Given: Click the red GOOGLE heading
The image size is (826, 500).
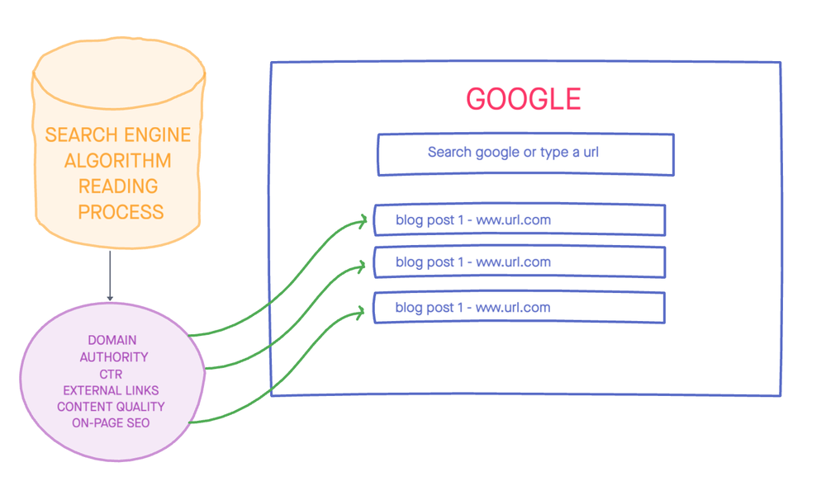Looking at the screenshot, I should click(524, 99).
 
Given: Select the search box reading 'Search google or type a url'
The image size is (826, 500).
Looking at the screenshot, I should click(525, 153).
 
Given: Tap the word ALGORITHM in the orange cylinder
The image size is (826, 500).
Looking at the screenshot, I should click(118, 160).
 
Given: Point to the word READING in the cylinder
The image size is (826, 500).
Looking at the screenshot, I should click(118, 186).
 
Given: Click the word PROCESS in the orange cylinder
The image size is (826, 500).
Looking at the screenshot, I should click(121, 212).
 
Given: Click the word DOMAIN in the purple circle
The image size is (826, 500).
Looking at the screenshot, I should click(112, 340).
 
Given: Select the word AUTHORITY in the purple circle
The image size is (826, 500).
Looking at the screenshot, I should click(114, 357).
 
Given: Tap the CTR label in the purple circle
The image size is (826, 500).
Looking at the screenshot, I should click(111, 374).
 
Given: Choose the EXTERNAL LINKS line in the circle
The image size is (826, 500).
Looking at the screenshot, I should click(111, 390).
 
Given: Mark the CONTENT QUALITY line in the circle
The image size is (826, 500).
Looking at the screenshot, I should click(111, 407).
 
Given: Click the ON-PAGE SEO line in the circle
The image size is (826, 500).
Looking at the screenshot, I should click(111, 423).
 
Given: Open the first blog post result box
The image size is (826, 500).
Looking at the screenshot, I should click(520, 220).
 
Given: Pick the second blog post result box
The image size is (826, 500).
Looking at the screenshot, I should click(520, 262).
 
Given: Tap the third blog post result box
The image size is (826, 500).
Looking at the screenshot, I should click(520, 308).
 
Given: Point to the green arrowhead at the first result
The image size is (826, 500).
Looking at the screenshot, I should click(363, 221).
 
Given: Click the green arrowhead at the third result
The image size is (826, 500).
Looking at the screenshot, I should click(361, 312).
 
